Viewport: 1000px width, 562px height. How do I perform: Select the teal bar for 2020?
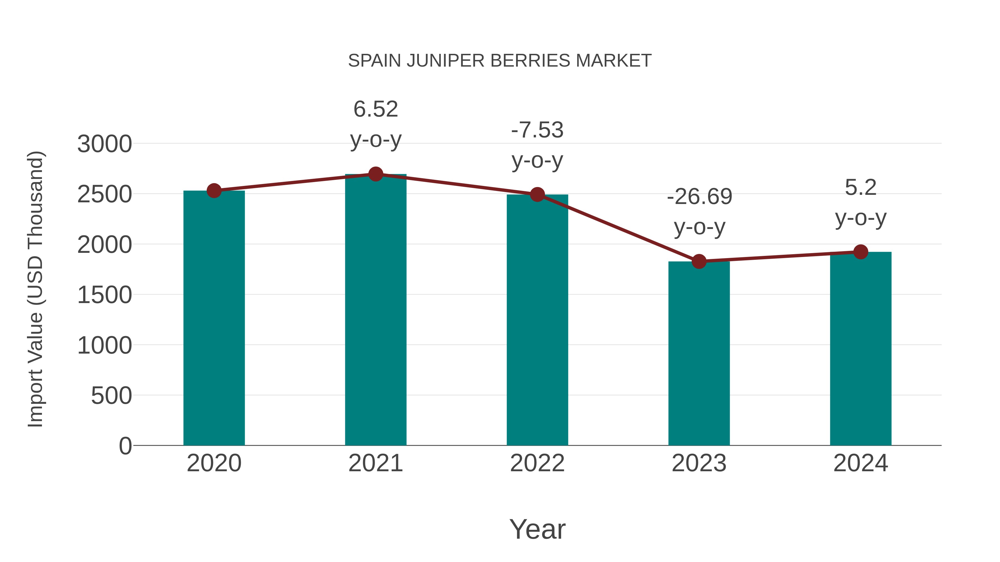click(214, 318)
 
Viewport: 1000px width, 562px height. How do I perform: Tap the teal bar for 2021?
click(375, 310)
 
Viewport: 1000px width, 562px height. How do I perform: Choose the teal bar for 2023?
click(699, 353)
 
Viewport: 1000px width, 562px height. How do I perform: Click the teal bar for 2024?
click(860, 349)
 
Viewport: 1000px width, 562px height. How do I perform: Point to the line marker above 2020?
click(214, 191)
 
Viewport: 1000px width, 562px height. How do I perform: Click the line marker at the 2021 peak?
click(375, 174)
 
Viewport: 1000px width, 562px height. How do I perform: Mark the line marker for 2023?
click(699, 261)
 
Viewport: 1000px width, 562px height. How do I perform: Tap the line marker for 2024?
click(860, 252)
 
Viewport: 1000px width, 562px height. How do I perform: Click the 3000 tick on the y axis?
click(104, 144)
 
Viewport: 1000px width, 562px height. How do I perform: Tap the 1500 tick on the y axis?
click(104, 295)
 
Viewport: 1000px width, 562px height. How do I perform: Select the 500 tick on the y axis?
click(111, 396)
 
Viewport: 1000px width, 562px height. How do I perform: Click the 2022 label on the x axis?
click(537, 463)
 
